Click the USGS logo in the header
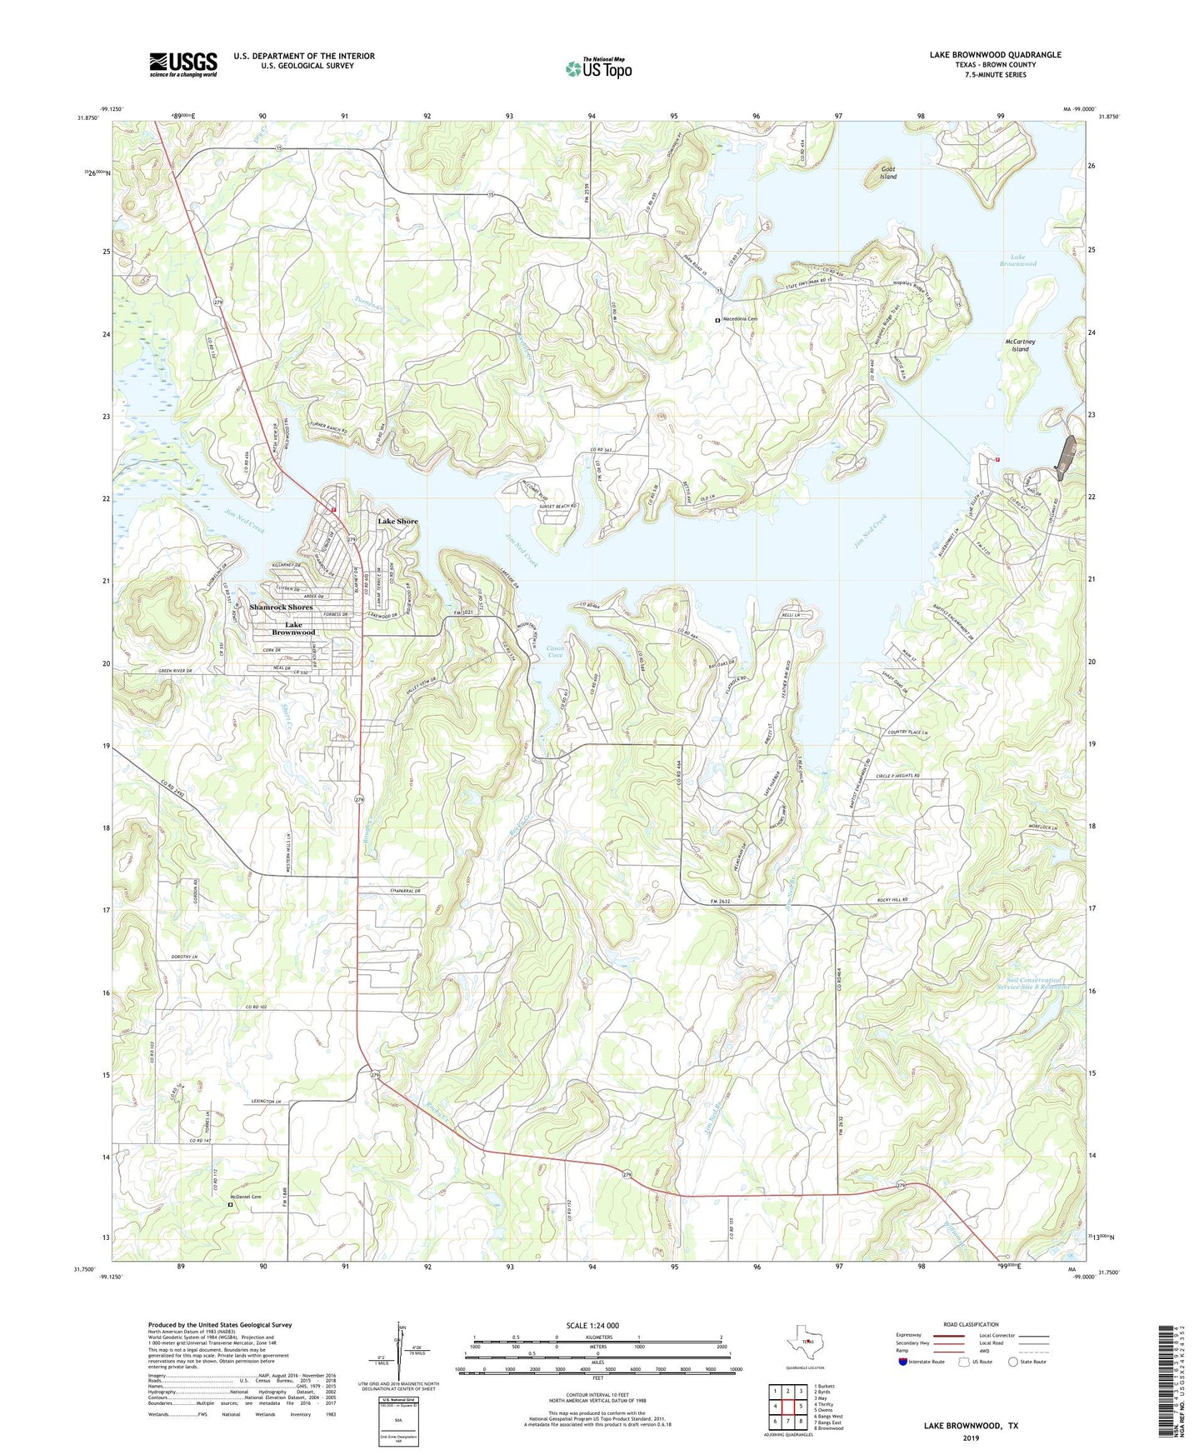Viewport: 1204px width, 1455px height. pyautogui.click(x=183, y=64)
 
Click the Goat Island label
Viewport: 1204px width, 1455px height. pyautogui.click(x=888, y=172)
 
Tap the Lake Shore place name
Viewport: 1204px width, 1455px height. pyautogui.click(x=397, y=521)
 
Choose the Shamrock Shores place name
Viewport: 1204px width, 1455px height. pyautogui.click(x=281, y=607)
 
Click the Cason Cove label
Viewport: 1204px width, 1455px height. pyautogui.click(x=556, y=651)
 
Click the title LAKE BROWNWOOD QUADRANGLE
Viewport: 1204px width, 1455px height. pyautogui.click(x=995, y=54)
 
